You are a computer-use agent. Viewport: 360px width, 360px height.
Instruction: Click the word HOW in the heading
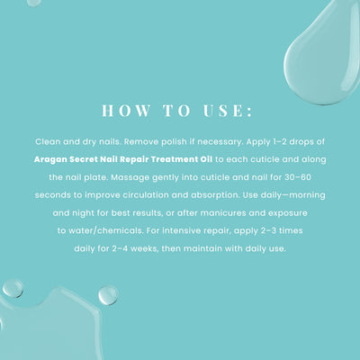126,111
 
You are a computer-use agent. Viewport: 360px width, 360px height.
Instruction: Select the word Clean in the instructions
48,141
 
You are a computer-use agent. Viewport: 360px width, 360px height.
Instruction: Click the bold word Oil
205,159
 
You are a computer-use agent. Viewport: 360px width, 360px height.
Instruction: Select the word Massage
130,177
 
